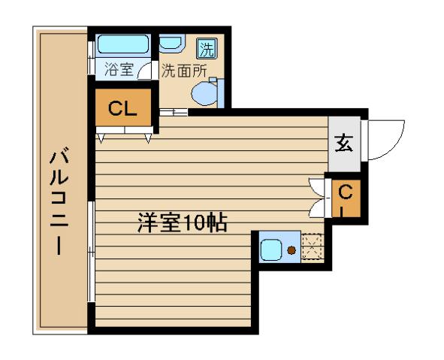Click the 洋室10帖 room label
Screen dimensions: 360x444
[x=182, y=223]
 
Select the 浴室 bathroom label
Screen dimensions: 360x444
[x=119, y=71]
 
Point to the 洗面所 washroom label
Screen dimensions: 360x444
[x=184, y=71]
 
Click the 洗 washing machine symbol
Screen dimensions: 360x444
[x=205, y=49]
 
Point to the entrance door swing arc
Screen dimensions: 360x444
[x=389, y=139]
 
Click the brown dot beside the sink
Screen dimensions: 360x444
[x=291, y=250]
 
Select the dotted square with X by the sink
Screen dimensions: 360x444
[x=310, y=247]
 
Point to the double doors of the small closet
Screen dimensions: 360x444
[x=316, y=196]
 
